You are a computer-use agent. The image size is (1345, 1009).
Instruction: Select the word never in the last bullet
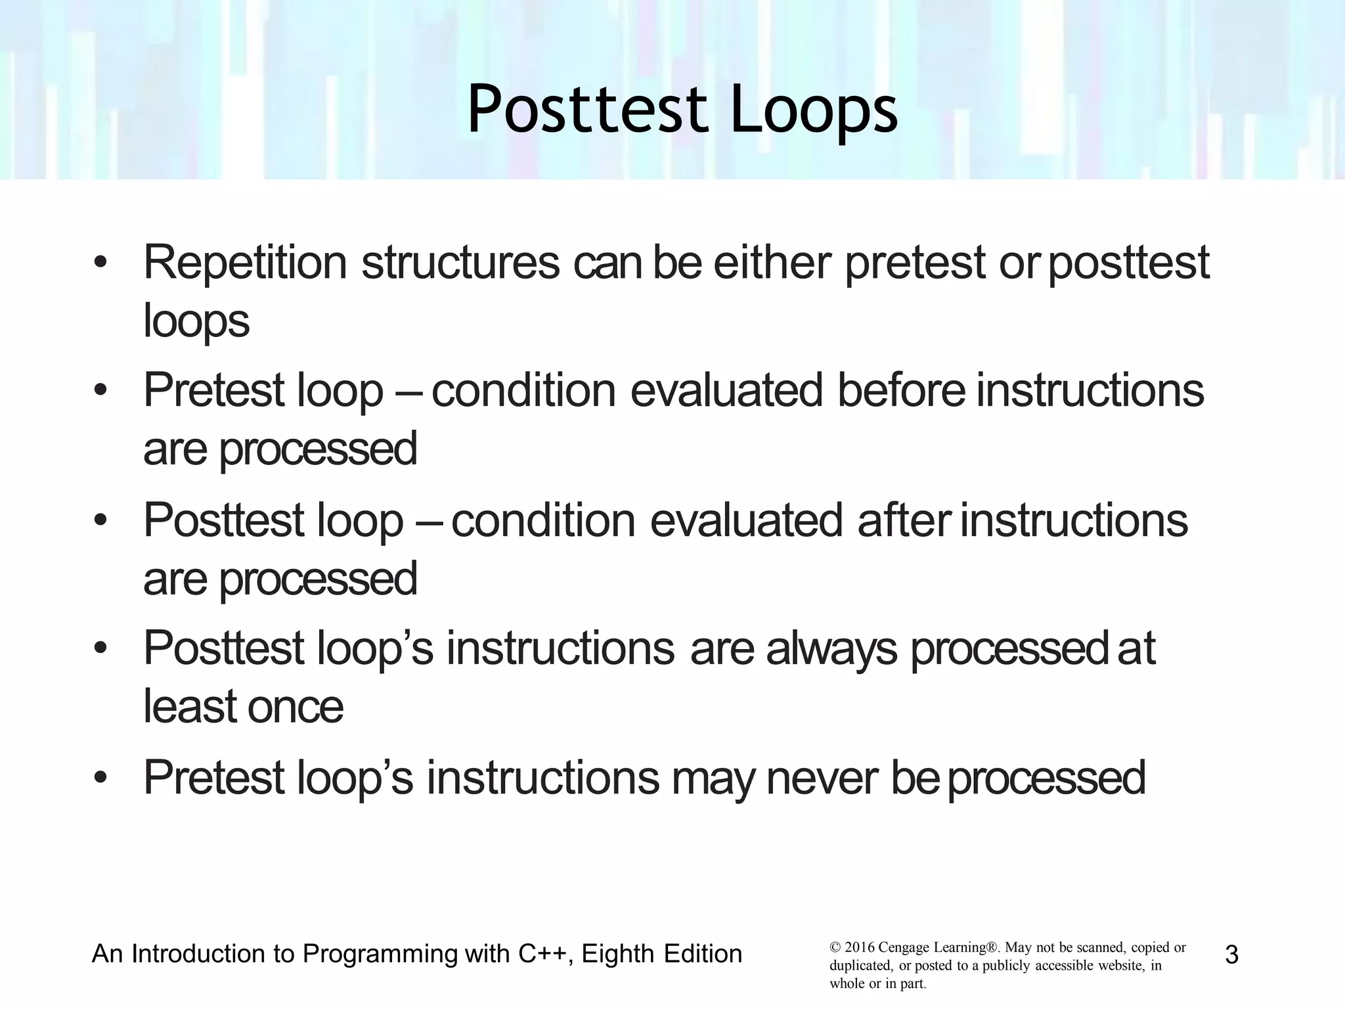point(822,778)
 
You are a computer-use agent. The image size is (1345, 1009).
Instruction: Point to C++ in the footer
point(542,954)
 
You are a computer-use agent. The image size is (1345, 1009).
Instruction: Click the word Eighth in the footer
point(617,954)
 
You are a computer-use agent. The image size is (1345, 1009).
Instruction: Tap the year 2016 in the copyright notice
point(859,948)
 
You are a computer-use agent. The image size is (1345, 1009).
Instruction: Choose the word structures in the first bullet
point(460,262)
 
